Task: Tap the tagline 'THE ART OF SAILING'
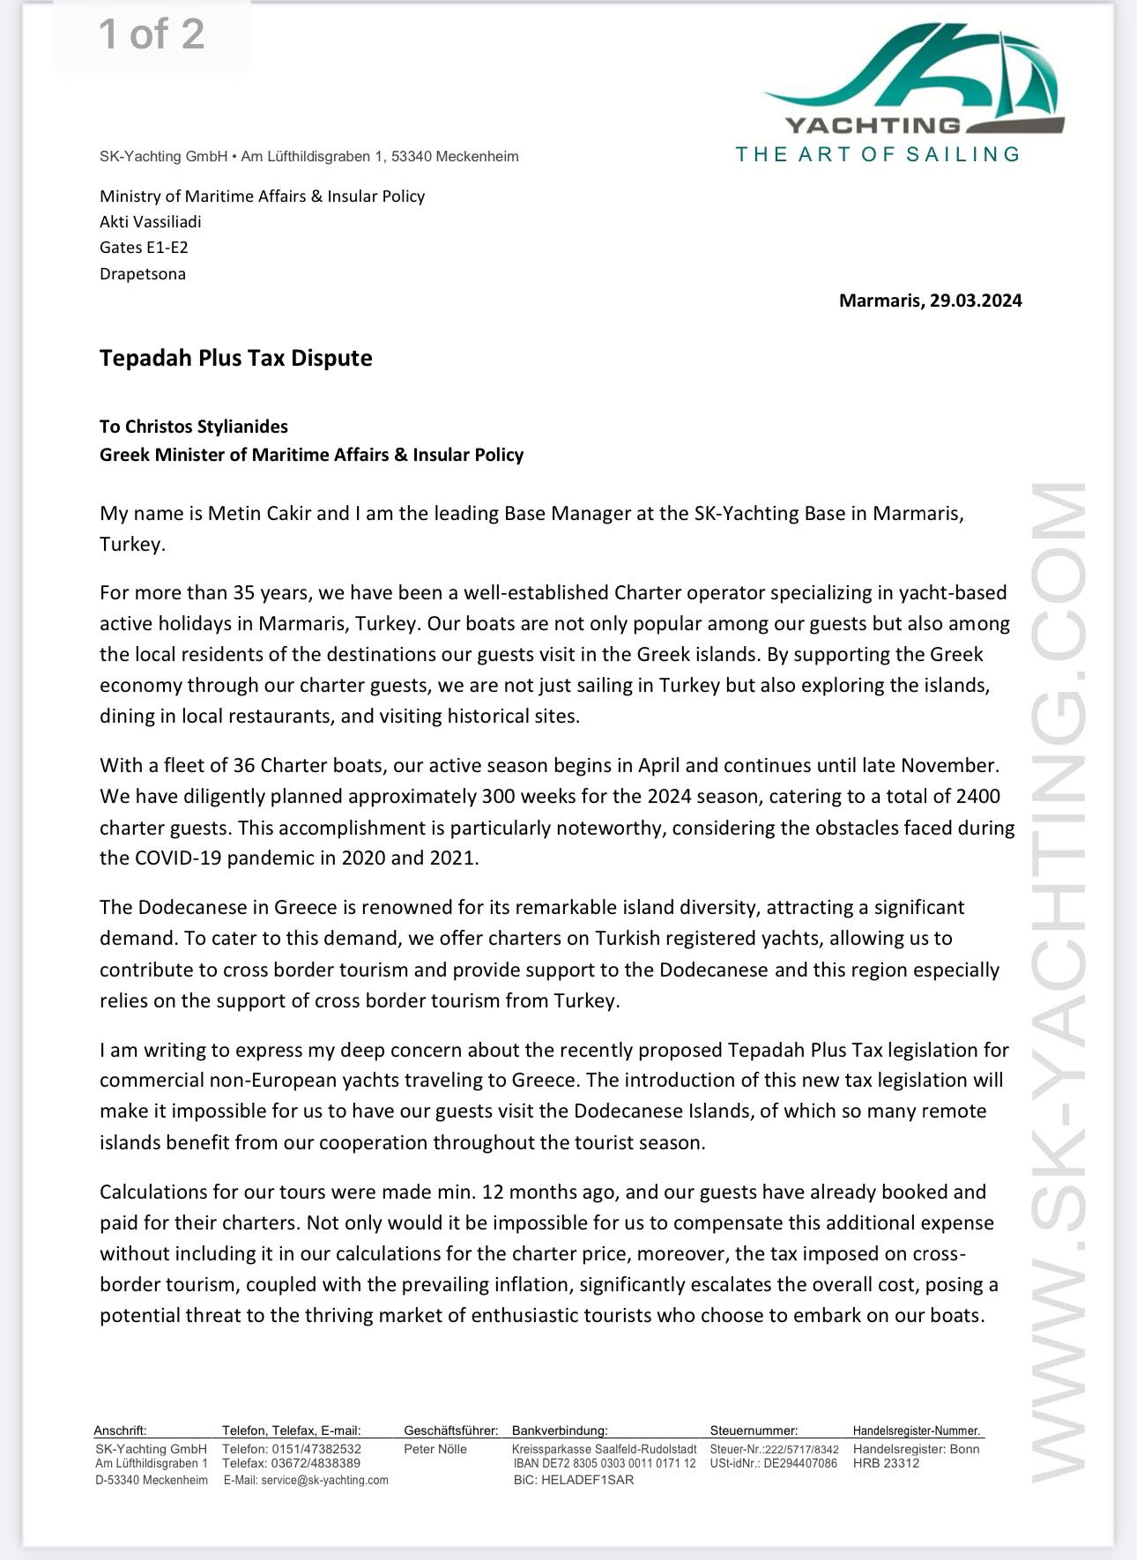click(878, 155)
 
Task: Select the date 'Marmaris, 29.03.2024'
click(930, 301)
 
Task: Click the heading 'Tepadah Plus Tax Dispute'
click(235, 358)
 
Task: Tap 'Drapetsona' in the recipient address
click(143, 273)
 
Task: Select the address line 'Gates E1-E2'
click(144, 248)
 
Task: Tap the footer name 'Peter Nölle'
click(435, 1449)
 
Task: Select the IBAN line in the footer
click(605, 1463)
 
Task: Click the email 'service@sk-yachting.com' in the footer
click(306, 1480)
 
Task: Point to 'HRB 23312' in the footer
click(886, 1463)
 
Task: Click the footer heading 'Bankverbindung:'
click(560, 1430)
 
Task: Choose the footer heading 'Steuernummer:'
click(754, 1430)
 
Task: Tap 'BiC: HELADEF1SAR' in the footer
click(573, 1480)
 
